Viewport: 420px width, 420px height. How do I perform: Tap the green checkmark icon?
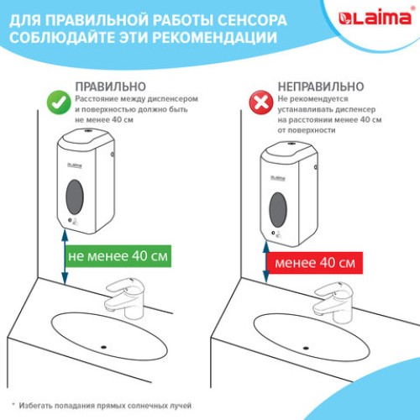[55, 101]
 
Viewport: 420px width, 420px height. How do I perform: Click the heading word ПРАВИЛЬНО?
[110, 86]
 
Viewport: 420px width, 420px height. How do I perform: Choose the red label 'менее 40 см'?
[314, 264]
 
